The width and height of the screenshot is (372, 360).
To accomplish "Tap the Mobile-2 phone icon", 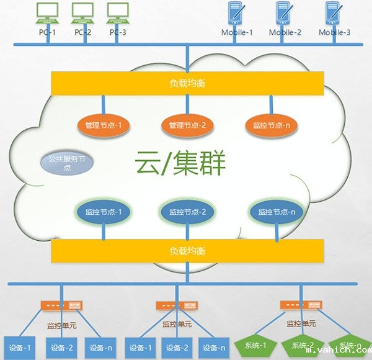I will point(284,14).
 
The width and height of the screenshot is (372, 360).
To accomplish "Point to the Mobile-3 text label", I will point(335,32).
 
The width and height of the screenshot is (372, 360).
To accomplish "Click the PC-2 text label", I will point(82,32).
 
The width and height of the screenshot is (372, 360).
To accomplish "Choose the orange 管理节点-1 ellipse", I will point(103,125).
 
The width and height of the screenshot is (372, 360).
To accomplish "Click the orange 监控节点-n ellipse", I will point(271,125).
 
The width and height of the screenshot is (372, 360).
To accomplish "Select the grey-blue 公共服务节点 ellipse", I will point(68,163).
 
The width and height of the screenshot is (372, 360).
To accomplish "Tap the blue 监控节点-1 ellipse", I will point(103,212).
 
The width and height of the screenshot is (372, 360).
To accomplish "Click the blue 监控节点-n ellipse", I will point(276,212).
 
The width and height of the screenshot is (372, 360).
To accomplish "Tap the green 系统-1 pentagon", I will point(255,345).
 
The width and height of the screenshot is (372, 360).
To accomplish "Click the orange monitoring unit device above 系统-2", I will point(301,305).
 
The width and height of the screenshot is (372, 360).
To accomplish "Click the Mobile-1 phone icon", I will point(235,14).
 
